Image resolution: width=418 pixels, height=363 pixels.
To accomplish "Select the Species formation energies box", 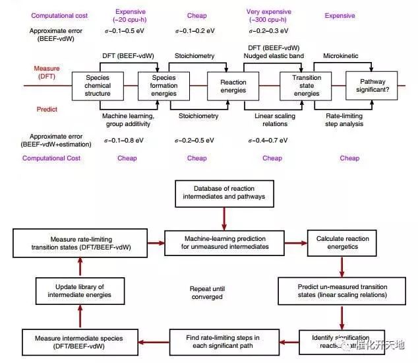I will click(x=158, y=85).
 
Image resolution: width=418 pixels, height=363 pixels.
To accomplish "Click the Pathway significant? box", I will click(x=373, y=85).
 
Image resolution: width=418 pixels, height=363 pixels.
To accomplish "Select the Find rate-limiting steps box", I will click(x=223, y=342).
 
